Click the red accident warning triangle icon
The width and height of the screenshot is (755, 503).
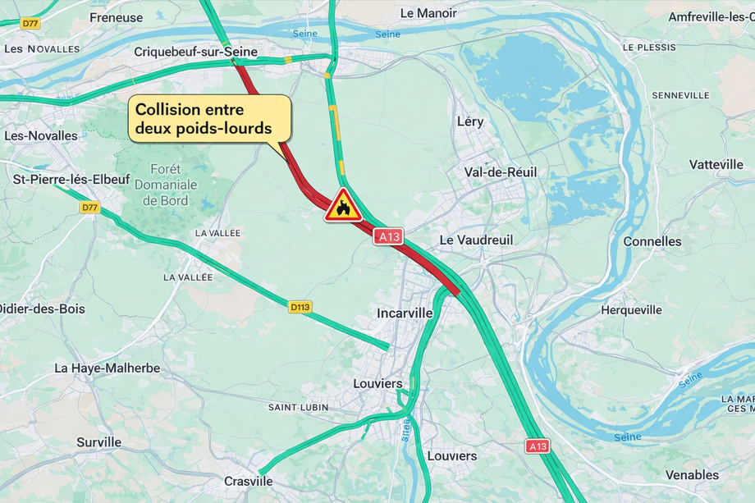pos(343,206)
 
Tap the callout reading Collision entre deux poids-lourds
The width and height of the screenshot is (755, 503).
pos(210,119)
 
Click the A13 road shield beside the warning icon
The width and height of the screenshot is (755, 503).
pos(388,236)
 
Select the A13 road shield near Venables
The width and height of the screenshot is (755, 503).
pos(538,446)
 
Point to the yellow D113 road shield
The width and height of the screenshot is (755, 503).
pos(300,307)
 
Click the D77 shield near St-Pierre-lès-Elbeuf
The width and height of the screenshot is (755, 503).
pos(89,208)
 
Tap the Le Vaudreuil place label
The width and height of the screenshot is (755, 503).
pos(476,240)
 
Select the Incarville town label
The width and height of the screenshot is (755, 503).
pos(404,313)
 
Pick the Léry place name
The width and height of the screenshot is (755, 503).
pos(470,121)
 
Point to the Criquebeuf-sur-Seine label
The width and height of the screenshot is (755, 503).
pos(195,52)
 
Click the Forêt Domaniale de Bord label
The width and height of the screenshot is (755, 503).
pos(165,185)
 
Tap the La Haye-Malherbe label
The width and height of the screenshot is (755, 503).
pos(108,368)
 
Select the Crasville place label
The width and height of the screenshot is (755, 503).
pos(248,481)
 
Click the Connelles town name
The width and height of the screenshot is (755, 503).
pos(652,241)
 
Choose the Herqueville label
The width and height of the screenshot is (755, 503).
pos(631,310)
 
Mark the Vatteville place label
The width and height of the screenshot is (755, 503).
pos(716,164)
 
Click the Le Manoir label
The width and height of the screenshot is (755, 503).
pos(428,13)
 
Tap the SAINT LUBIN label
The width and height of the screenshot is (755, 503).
pos(298,407)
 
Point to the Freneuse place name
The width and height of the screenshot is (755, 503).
pos(116,16)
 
